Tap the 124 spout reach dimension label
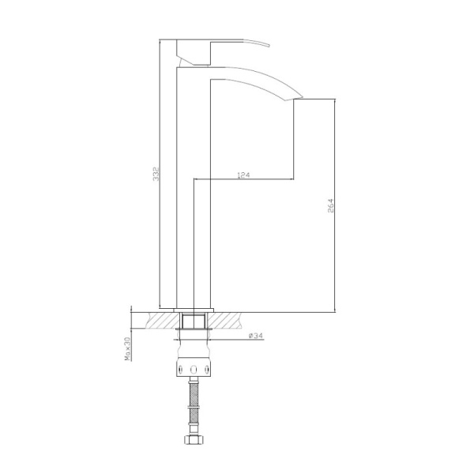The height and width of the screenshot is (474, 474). (243, 175)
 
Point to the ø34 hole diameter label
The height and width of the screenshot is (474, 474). (256, 335)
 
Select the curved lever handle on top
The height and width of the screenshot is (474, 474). (237, 42)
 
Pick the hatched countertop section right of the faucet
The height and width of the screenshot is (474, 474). (230, 320)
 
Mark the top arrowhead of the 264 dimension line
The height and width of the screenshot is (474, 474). (336, 102)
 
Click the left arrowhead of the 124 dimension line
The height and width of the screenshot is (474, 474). (197, 179)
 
